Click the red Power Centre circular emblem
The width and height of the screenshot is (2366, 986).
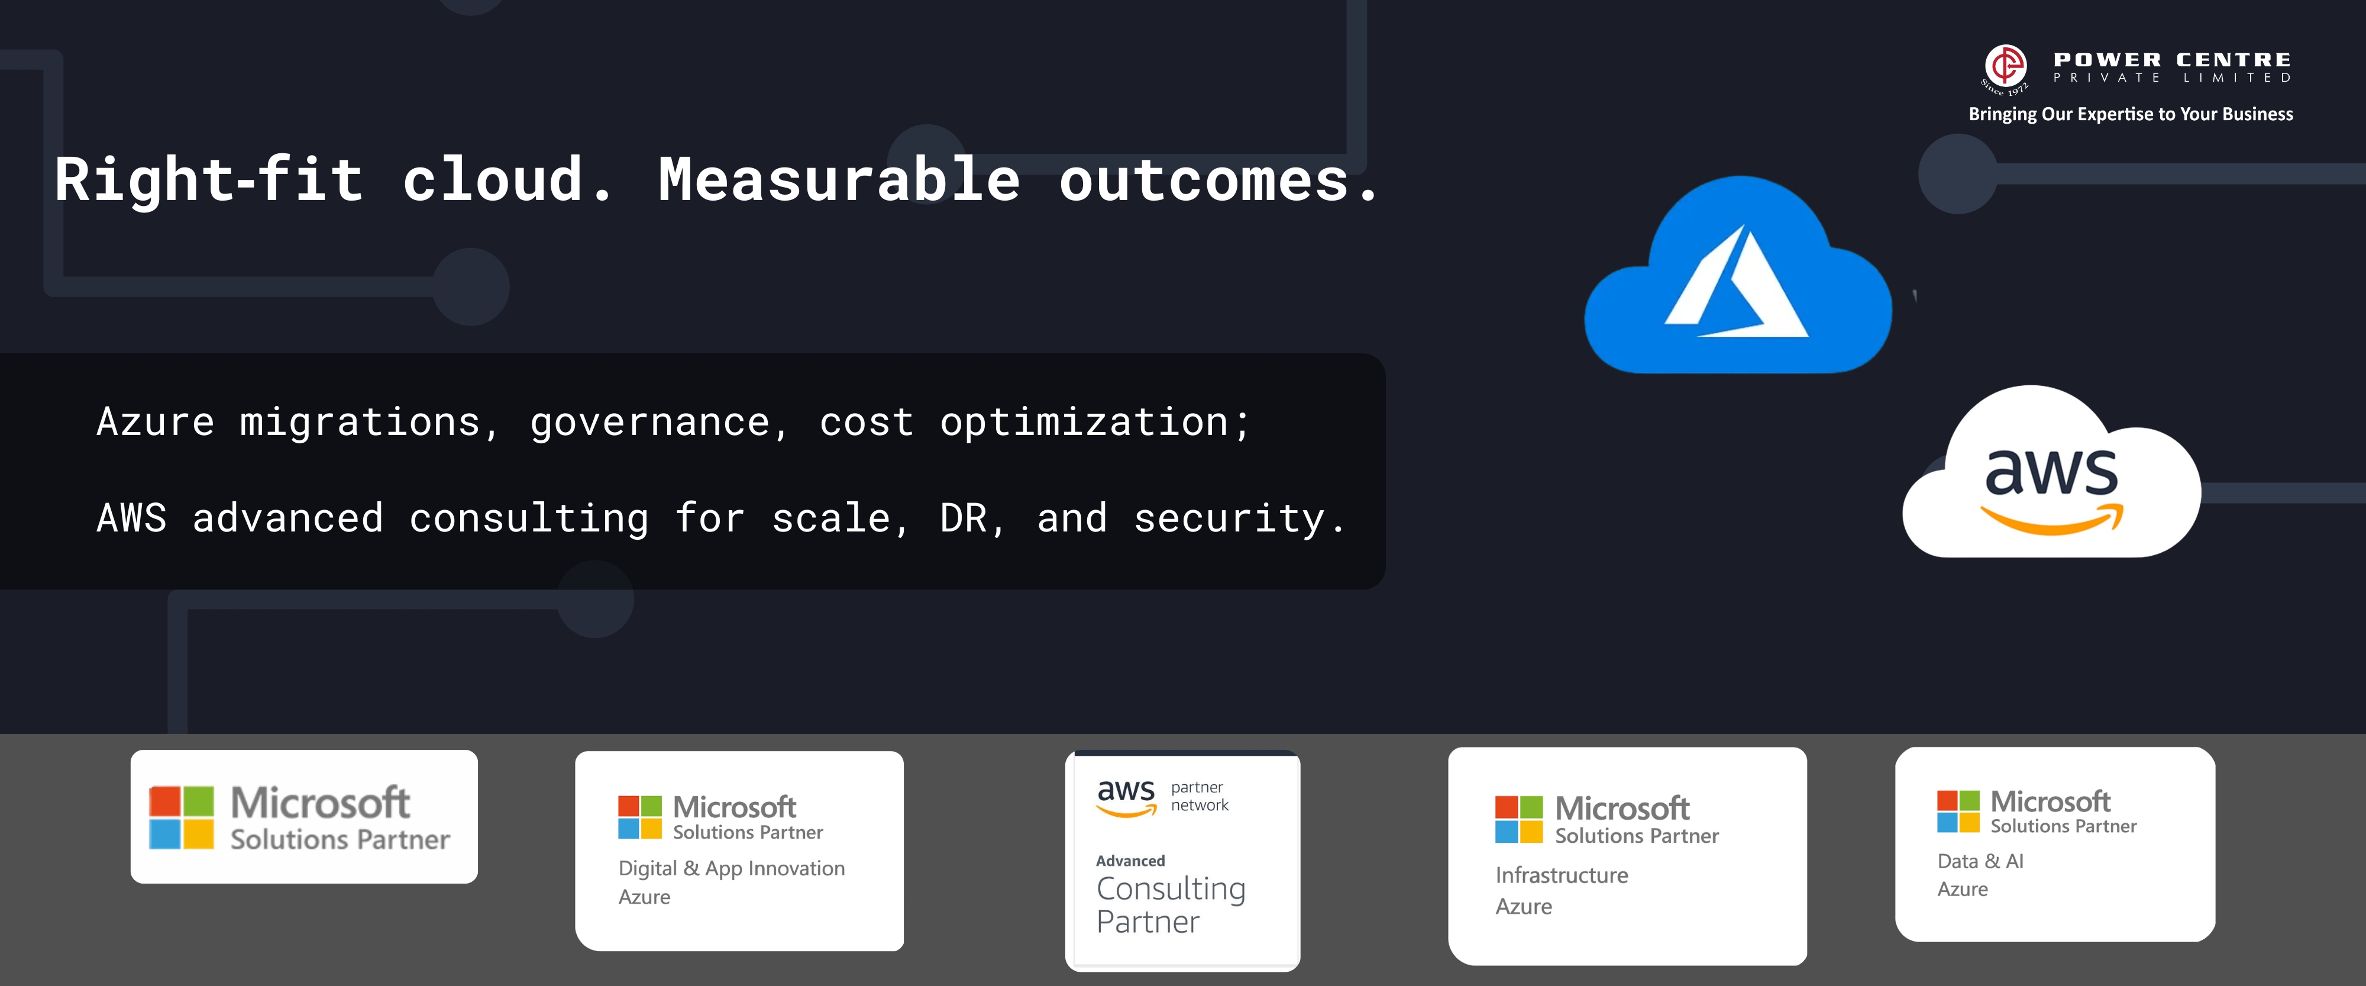point(2006,66)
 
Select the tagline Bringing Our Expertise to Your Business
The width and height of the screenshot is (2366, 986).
point(2131,114)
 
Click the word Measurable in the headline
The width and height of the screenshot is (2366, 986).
point(839,179)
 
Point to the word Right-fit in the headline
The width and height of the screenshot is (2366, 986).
point(208,179)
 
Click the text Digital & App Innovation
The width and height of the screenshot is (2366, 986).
point(731,868)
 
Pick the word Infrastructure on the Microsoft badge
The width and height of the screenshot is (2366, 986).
point(1562,875)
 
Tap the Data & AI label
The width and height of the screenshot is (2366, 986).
point(1980,861)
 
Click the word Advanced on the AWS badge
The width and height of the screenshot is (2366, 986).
point(1130,861)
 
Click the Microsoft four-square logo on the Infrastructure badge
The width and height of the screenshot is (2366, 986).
point(1519,820)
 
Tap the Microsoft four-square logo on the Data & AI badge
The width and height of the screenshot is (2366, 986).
point(1958,811)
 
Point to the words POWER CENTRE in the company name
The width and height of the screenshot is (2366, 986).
point(2172,60)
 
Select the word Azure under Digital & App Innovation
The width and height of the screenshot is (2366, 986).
point(644,897)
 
